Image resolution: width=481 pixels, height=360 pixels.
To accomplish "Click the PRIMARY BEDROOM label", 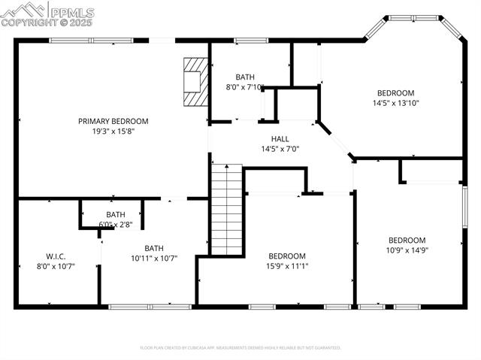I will tap(113, 121).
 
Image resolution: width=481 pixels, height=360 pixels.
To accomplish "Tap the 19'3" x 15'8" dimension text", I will tap(113, 131).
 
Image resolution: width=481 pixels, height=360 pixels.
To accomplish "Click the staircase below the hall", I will tap(226, 211).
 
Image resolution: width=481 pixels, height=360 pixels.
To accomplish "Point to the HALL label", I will tap(280, 139).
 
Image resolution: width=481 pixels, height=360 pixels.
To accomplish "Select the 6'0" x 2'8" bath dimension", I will tap(116, 225).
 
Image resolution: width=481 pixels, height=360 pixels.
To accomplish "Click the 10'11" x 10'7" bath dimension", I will tap(153, 259).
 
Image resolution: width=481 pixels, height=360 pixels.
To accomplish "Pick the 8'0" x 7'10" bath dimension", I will tap(245, 87).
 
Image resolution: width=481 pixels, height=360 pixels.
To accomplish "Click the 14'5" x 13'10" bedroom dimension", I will tap(395, 103).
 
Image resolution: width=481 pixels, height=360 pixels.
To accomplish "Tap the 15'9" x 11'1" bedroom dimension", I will tap(287, 265).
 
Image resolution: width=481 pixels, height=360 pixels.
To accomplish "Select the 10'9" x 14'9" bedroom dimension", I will tap(407, 250).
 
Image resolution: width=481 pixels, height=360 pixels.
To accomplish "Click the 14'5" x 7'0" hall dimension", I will tap(280, 149).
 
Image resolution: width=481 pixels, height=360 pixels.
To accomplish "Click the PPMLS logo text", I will tap(72, 11).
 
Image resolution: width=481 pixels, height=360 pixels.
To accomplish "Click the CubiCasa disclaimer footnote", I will tap(240, 348).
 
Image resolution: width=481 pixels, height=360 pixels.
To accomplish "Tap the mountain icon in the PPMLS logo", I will tap(23, 10).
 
